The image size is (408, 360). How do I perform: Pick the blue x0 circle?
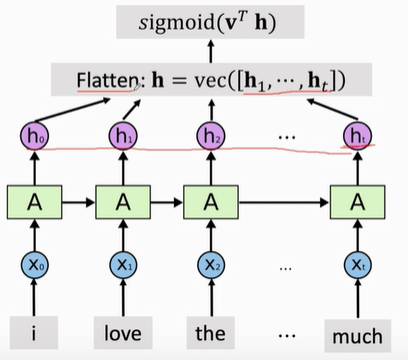(x=34, y=265)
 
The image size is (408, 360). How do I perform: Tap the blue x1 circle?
(x=123, y=265)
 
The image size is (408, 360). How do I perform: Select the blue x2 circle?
(x=209, y=265)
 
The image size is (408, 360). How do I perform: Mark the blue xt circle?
(x=356, y=265)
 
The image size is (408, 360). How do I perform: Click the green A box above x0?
(x=34, y=201)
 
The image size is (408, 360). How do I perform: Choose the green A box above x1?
(x=123, y=201)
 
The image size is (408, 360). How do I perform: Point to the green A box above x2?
(x=209, y=201)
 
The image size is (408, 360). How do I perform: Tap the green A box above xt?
(x=356, y=201)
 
